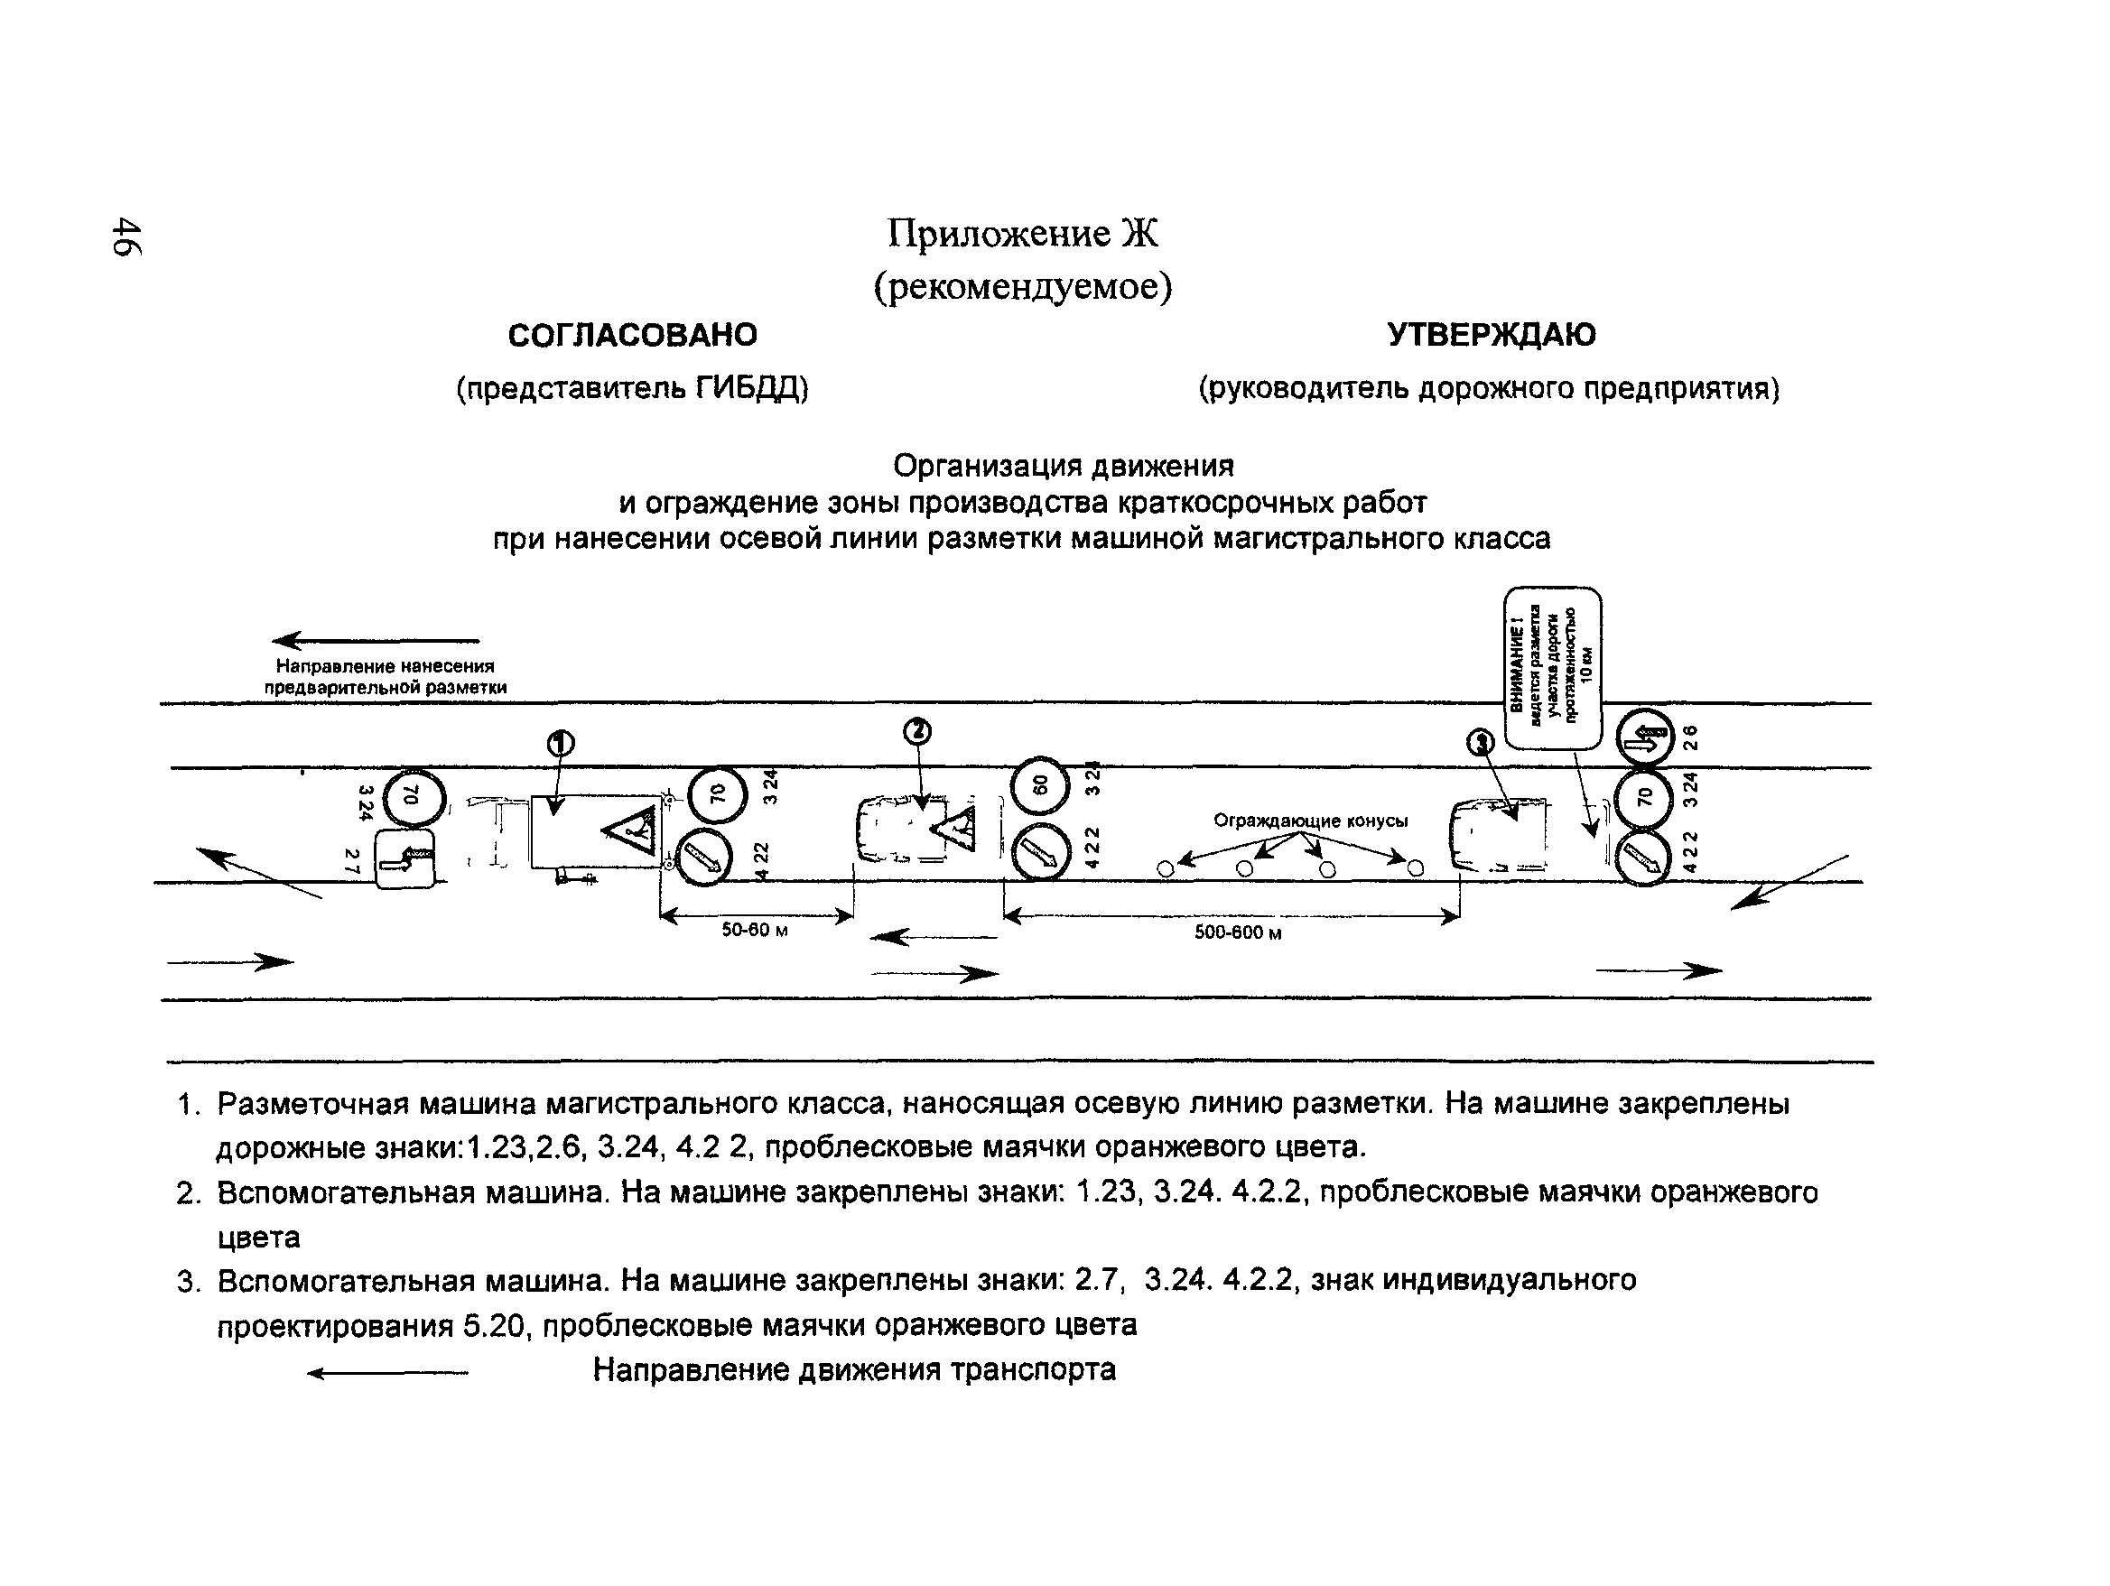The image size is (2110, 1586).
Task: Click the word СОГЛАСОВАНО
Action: click(631, 335)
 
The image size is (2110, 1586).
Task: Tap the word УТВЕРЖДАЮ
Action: click(1490, 335)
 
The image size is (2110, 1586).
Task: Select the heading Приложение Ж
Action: click(1022, 233)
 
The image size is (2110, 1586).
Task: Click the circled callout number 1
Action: click(560, 744)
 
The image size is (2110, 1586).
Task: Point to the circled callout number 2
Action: click(916, 731)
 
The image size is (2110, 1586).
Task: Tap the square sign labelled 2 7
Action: click(405, 859)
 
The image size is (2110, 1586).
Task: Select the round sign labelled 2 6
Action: click(1645, 737)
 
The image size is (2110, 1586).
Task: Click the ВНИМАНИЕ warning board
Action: click(1552, 668)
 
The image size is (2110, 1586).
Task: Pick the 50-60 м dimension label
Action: click(755, 930)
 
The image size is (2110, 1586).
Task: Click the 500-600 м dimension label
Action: click(1237, 932)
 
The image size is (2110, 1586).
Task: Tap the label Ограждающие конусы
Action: click(1311, 821)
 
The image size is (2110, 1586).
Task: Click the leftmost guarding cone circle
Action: click(1165, 868)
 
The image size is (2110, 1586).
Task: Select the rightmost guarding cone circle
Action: click(1416, 867)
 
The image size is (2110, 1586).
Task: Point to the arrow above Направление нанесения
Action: click(376, 640)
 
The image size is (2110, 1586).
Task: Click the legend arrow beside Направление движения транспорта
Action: click(387, 1373)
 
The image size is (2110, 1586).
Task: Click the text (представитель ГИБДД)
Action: click(631, 388)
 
